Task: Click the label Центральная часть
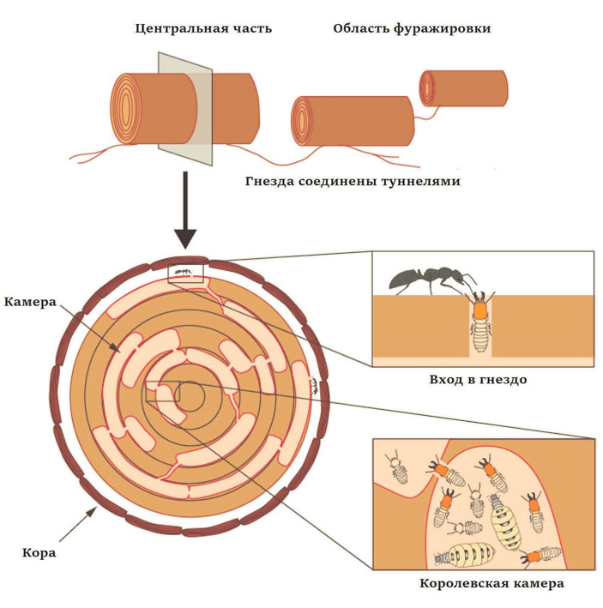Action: tap(203, 28)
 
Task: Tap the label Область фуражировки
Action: tap(412, 28)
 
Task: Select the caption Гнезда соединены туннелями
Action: tap(353, 181)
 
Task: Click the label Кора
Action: tap(39, 551)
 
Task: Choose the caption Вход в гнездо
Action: tap(477, 378)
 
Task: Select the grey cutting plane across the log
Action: tap(184, 106)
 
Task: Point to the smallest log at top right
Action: tap(463, 88)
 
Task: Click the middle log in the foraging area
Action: tap(353, 121)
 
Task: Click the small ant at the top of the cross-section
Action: tap(181, 272)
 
